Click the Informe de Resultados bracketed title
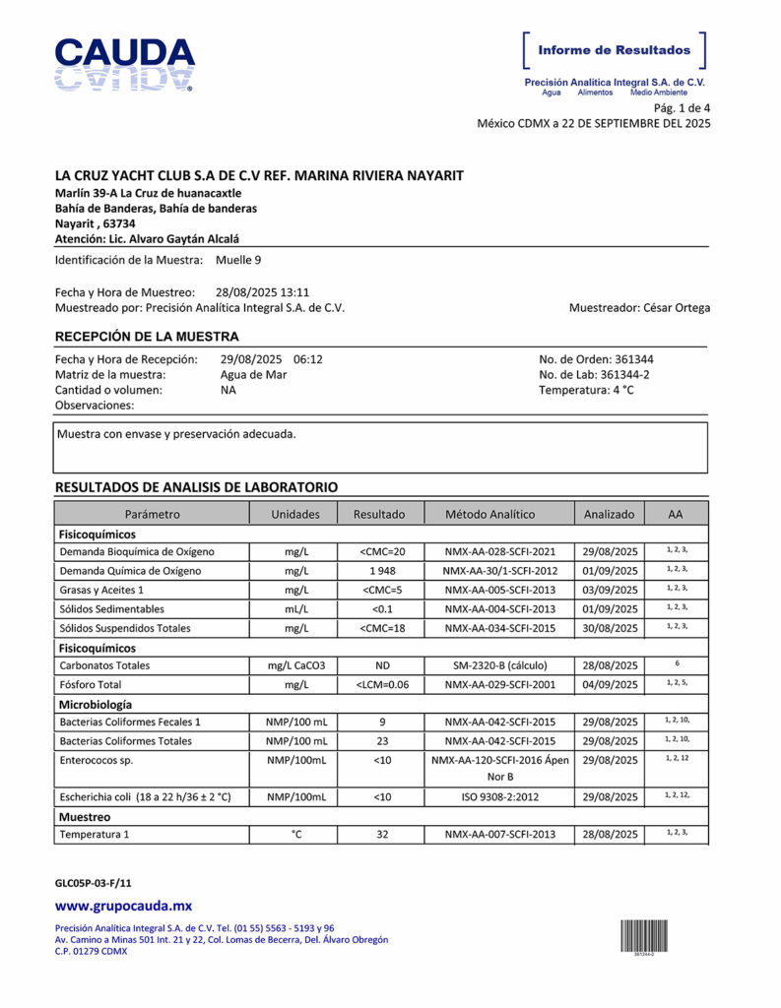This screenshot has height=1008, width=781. pyautogui.click(x=615, y=50)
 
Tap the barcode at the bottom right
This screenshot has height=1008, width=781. pyautogui.click(x=645, y=934)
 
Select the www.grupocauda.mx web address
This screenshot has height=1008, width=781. pyautogui.click(x=123, y=906)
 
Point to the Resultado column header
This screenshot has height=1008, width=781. pyautogui.click(x=379, y=514)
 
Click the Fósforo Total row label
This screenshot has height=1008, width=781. pyautogui.click(x=92, y=684)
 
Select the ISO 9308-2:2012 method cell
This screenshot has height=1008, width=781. pyautogui.click(x=499, y=796)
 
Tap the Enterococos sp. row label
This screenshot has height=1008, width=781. pyautogui.click(x=97, y=761)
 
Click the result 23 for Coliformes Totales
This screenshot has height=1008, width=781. pyautogui.click(x=381, y=741)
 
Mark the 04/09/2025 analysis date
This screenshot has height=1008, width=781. pyautogui.click(x=610, y=684)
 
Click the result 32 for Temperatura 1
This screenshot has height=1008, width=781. pyautogui.click(x=381, y=835)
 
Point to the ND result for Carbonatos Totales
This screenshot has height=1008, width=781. pyautogui.click(x=381, y=665)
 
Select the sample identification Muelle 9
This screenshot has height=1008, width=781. pyautogui.click(x=238, y=260)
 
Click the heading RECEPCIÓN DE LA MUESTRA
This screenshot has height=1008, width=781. pyautogui.click(x=147, y=337)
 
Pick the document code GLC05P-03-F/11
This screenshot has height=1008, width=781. pyautogui.click(x=93, y=883)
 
